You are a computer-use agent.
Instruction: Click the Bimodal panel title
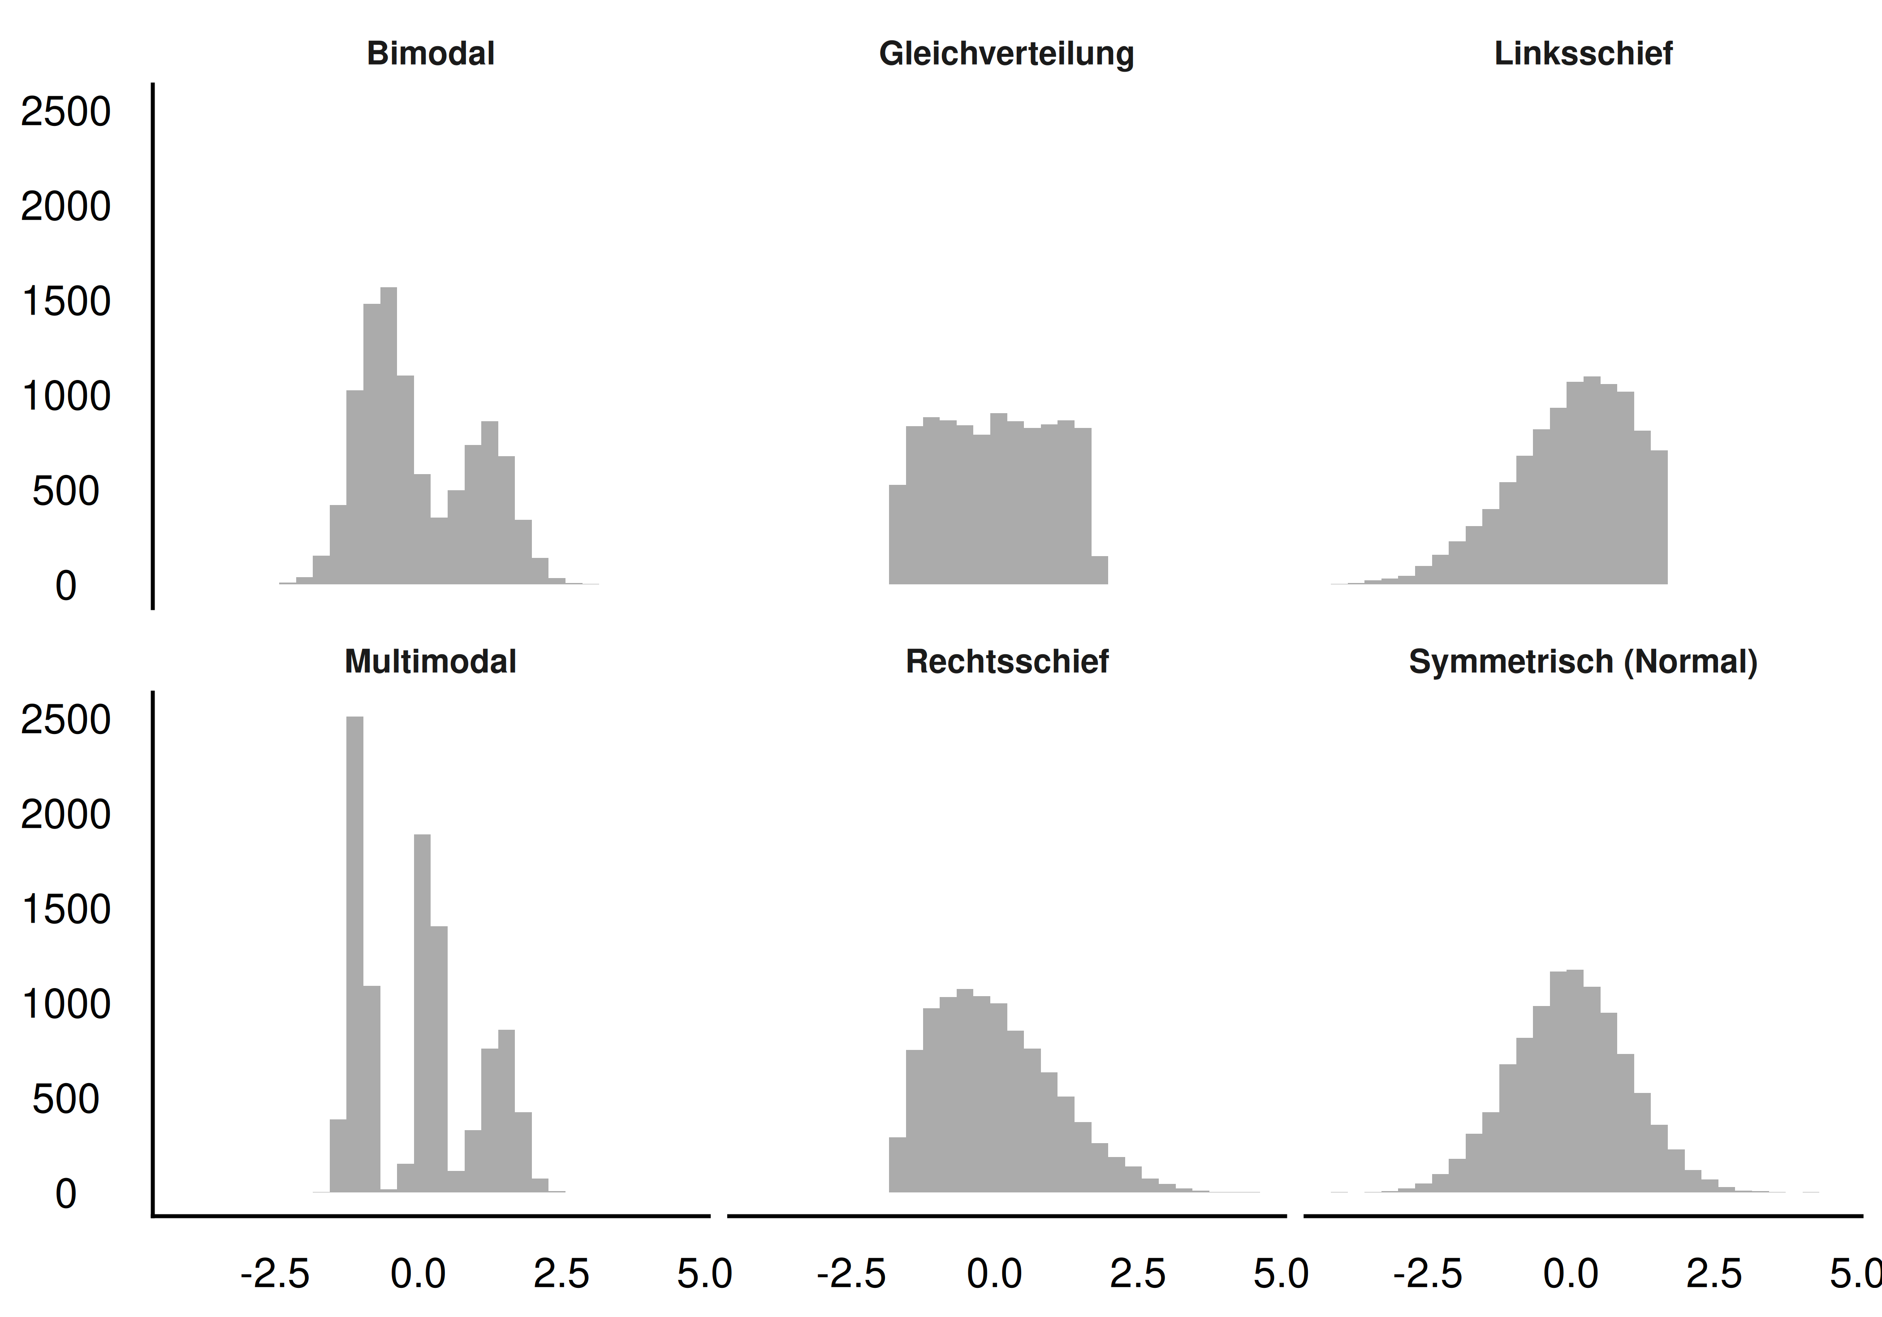(x=430, y=54)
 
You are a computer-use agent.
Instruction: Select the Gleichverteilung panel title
(x=1006, y=54)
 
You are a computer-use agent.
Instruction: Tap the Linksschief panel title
(x=1583, y=54)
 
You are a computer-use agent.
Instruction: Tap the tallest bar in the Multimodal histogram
(x=355, y=950)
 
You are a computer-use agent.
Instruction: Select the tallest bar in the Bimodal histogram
(x=388, y=434)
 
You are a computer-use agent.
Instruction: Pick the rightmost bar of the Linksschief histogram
(x=1659, y=516)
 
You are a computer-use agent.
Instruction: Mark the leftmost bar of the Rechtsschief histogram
(x=898, y=1164)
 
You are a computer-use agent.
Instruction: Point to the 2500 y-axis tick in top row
(x=65, y=112)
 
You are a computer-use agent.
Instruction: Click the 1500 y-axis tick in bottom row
(x=65, y=910)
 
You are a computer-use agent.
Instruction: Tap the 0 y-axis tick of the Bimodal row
(x=65, y=587)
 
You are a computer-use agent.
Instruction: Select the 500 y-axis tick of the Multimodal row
(x=65, y=1100)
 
